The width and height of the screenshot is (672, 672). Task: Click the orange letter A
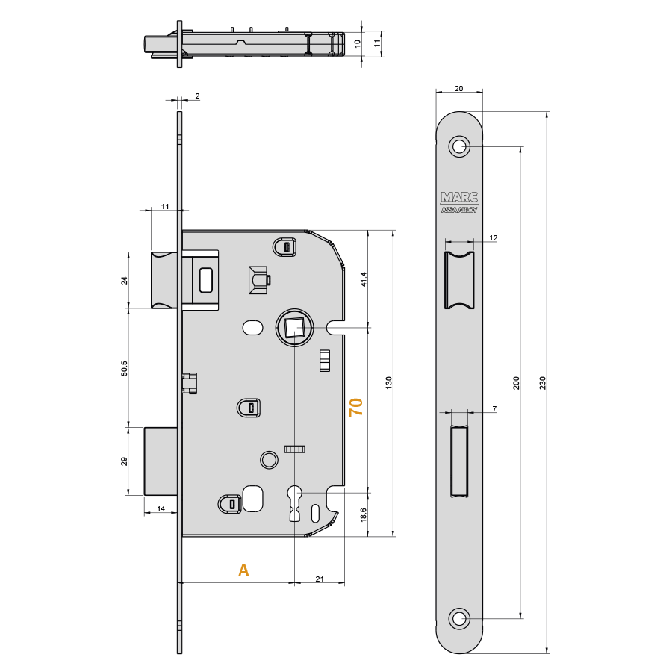pyautogui.click(x=243, y=570)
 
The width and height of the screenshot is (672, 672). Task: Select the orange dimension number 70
pyautogui.click(x=356, y=407)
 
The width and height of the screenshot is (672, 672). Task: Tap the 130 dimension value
pyautogui.click(x=389, y=383)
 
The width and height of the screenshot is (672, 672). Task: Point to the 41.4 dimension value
pyautogui.click(x=364, y=279)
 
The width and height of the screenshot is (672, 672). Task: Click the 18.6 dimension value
pyautogui.click(x=364, y=514)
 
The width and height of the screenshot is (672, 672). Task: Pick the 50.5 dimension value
pyautogui.click(x=124, y=369)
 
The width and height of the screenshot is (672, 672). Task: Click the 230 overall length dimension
pyautogui.click(x=543, y=383)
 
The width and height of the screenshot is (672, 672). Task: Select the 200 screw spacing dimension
pyautogui.click(x=517, y=383)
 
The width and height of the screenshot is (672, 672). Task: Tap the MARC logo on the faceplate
pyautogui.click(x=459, y=197)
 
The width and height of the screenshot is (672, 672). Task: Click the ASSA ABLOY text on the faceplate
pyautogui.click(x=459, y=210)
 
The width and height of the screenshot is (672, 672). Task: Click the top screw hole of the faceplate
pyautogui.click(x=459, y=146)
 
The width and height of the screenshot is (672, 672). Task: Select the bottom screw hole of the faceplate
pyautogui.click(x=459, y=619)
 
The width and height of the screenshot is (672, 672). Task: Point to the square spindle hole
pyautogui.click(x=295, y=328)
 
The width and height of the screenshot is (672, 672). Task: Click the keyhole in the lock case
pyautogui.click(x=295, y=503)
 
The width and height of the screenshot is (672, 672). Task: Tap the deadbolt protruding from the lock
pyautogui.click(x=161, y=461)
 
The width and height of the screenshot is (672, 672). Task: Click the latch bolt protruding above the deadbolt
pyautogui.click(x=164, y=280)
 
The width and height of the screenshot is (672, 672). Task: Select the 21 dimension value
pyautogui.click(x=320, y=579)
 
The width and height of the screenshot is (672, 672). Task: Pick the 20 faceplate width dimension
pyautogui.click(x=458, y=88)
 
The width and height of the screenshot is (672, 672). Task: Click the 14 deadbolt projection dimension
pyautogui.click(x=161, y=508)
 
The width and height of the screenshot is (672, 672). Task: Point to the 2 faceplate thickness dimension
pyautogui.click(x=197, y=96)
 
